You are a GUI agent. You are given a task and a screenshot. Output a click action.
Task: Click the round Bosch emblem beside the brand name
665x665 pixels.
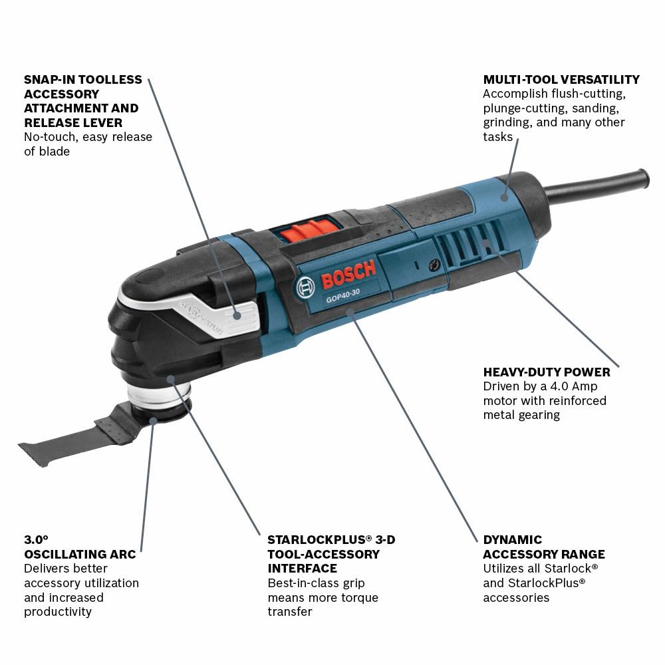tap(305, 287)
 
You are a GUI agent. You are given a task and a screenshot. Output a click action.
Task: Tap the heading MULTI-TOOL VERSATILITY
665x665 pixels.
tap(561, 80)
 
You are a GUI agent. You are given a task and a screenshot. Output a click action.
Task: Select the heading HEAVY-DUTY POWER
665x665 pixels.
tap(546, 372)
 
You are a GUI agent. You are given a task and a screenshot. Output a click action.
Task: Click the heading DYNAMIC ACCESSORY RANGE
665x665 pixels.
tap(543, 547)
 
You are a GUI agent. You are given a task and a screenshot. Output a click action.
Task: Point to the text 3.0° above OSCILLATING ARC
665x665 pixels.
tap(37, 539)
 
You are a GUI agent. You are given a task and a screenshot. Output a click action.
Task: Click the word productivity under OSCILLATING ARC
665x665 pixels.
tap(57, 612)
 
